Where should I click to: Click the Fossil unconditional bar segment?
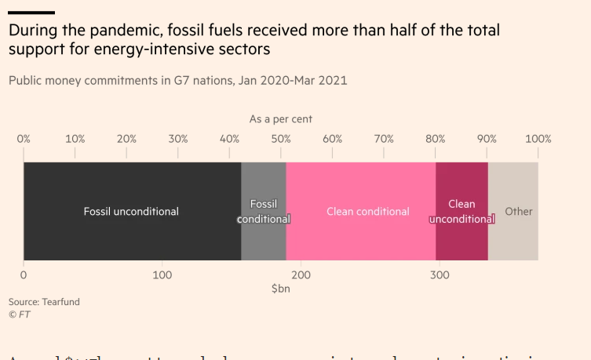(132, 211)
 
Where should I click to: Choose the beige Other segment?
(513, 212)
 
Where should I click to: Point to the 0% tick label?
(24, 139)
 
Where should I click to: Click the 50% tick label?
(281, 139)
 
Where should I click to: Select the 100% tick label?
(538, 139)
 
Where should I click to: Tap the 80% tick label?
(436, 139)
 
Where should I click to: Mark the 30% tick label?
(178, 139)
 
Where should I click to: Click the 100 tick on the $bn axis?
(162, 275)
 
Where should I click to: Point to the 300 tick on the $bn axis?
(440, 275)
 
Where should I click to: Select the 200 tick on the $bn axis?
(301, 275)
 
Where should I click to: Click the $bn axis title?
(281, 289)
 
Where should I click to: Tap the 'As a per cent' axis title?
(281, 119)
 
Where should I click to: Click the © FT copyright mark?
(19, 314)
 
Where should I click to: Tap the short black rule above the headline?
(31, 13)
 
